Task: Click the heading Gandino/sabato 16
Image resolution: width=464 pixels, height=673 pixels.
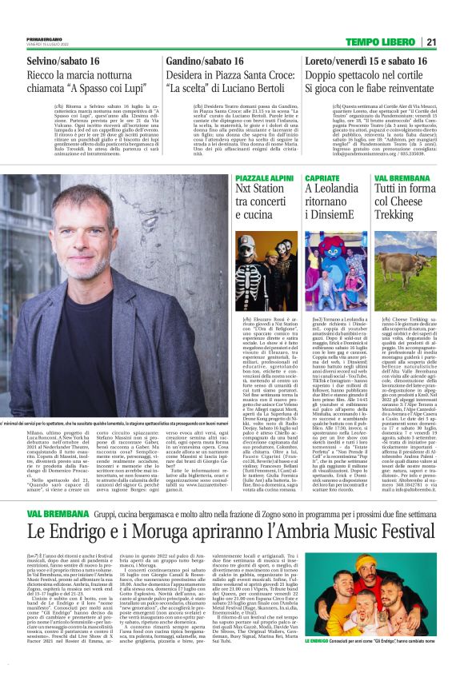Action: (x=205, y=62)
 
